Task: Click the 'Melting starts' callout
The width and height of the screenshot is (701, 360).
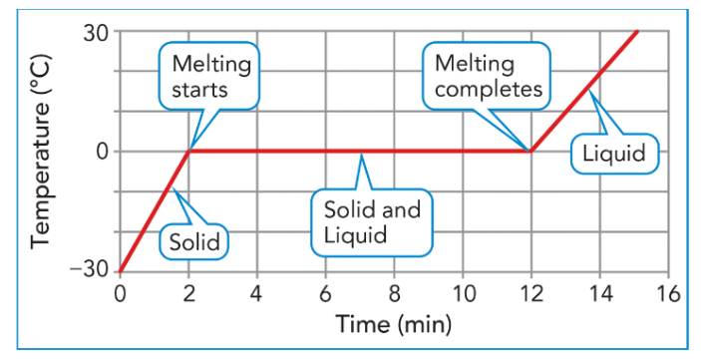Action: pos(209,76)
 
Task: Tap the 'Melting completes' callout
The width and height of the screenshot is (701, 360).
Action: pos(487,76)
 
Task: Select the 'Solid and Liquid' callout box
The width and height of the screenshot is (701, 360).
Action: pos(372,222)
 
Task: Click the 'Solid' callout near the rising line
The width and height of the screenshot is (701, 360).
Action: pos(194,242)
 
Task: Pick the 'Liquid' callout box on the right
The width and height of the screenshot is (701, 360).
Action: pos(614,154)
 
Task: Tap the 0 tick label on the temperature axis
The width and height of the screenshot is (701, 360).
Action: pos(103,152)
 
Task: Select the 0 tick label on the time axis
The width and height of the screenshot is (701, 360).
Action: pos(120,295)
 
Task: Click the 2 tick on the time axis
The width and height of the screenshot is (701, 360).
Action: pos(188,295)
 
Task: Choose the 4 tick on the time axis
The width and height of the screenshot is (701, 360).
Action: pos(256,295)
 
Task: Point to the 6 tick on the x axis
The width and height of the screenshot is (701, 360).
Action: pos(325,295)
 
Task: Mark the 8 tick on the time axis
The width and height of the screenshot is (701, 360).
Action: pos(394,295)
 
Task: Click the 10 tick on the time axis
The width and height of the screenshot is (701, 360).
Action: pos(463,295)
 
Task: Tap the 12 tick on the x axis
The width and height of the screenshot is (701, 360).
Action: pos(531,295)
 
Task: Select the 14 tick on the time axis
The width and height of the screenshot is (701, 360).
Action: pos(600,295)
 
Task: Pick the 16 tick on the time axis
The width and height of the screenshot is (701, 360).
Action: pos(668,295)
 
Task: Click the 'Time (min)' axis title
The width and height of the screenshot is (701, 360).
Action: pos(394,324)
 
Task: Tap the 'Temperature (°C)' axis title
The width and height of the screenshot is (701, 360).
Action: pos(42,152)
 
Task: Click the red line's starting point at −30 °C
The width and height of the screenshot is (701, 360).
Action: pos(120,271)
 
